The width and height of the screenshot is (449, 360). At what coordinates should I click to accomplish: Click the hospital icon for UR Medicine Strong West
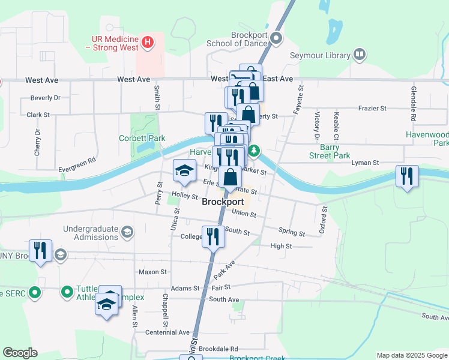148,43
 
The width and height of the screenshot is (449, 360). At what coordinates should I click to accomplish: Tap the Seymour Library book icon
360,55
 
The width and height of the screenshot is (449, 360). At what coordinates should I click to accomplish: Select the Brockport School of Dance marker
277,39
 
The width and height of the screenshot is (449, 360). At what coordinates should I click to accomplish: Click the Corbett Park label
142,138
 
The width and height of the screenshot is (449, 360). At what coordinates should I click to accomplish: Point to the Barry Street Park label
335,151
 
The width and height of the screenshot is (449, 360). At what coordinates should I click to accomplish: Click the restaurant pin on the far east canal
407,177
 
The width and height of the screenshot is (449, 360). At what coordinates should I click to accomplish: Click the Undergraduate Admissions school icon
127,232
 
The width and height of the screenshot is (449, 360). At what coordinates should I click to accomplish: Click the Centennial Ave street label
167,332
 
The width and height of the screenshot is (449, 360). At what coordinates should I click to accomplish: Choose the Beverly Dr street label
46,97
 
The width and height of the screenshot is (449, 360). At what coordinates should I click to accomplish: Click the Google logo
20,353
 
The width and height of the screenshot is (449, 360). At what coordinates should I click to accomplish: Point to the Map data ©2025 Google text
411,355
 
